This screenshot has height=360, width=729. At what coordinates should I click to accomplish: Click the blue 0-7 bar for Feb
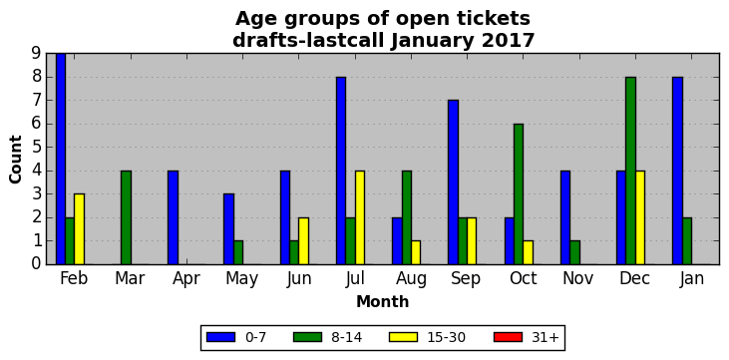point(61,159)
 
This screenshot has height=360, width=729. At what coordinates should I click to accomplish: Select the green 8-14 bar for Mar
point(127,217)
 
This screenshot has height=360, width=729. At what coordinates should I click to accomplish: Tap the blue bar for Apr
point(173,217)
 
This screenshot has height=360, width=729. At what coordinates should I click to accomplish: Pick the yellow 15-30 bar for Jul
point(360,217)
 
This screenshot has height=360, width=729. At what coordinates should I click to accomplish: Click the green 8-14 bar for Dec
point(631,171)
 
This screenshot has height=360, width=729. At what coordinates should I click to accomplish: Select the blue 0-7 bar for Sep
point(454,182)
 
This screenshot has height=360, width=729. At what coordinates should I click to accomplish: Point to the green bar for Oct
point(519,193)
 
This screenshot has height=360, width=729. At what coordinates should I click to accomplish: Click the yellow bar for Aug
point(416,252)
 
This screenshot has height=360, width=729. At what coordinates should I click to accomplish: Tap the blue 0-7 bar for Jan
point(678,171)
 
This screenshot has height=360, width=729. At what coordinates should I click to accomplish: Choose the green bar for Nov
point(574,252)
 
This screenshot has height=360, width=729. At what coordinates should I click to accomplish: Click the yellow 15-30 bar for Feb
point(80,228)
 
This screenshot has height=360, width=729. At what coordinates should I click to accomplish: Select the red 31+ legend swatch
point(508,337)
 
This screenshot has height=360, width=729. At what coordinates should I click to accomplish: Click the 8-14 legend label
point(346,337)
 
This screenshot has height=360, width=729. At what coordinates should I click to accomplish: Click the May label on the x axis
point(241,279)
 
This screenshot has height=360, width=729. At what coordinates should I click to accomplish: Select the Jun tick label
point(298,278)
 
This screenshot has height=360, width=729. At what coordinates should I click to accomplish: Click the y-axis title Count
point(15,160)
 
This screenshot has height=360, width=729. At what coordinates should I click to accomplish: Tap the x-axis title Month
point(383,302)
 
